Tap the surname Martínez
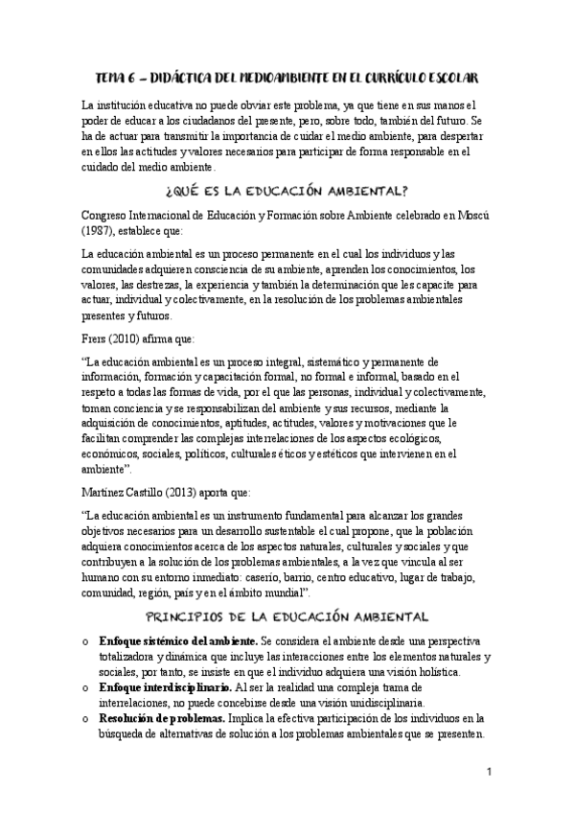pyautogui.click(x=106, y=492)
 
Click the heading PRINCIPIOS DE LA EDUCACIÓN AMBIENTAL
pyautogui.click(x=287, y=616)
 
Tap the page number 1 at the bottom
pyautogui.click(x=489, y=773)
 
